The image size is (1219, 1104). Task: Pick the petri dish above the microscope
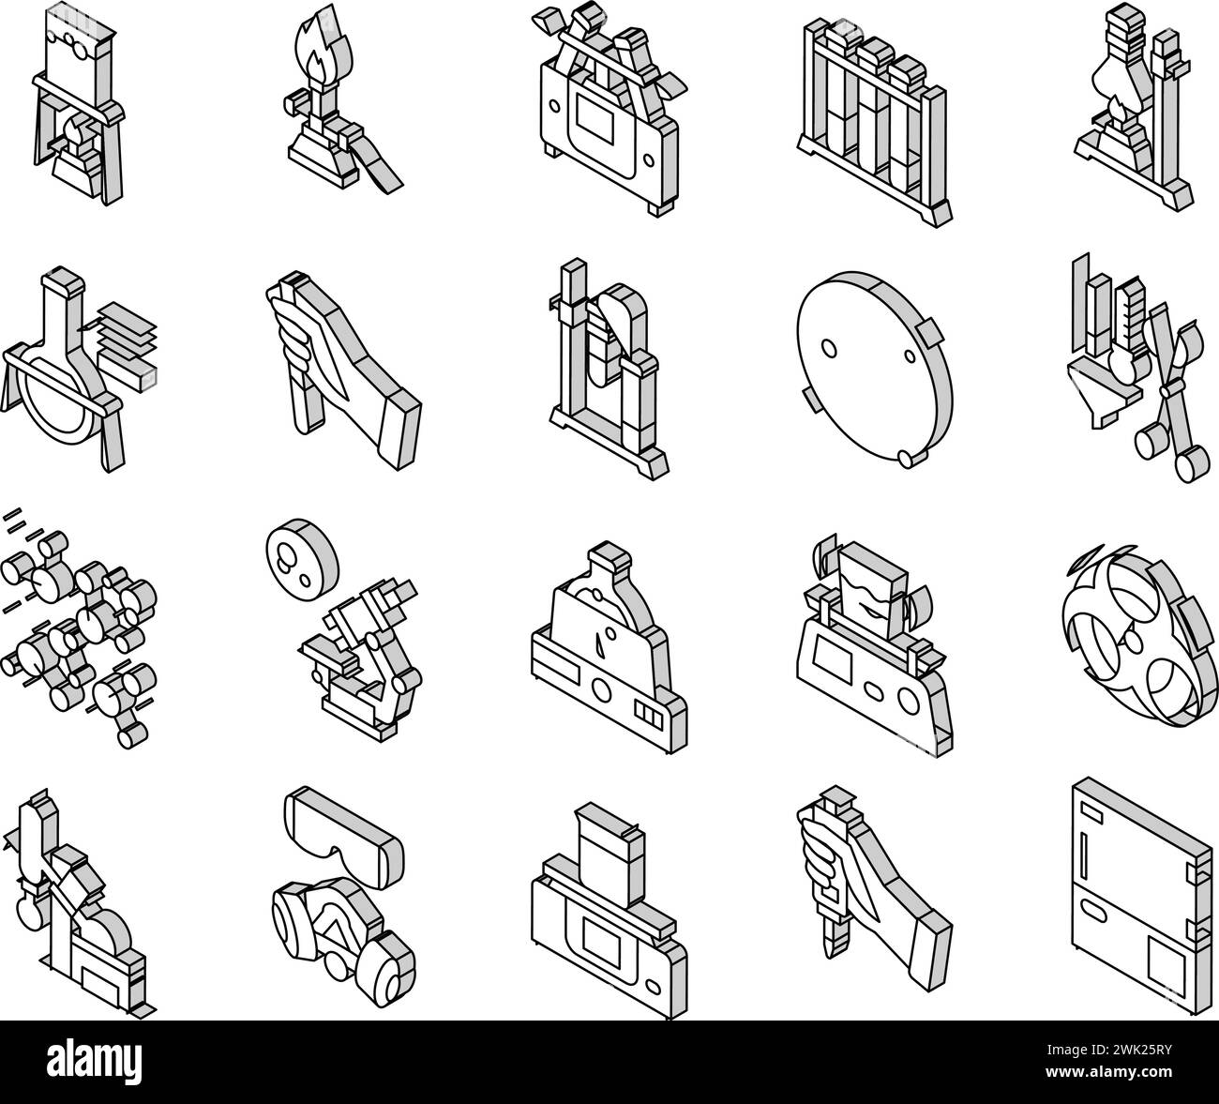302,555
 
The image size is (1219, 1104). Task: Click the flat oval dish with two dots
875,369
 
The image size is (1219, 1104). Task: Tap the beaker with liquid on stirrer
874,643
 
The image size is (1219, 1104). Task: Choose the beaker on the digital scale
609,912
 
